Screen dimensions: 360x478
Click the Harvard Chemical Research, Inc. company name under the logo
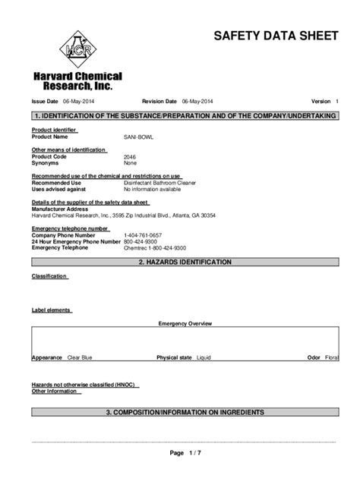coord(76,82)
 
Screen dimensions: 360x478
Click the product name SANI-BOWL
coord(139,137)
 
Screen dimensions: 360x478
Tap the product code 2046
coord(131,156)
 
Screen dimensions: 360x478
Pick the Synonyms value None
coord(131,162)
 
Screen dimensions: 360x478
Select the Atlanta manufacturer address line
coord(123,215)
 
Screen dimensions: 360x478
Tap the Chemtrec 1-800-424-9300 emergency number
coord(155,248)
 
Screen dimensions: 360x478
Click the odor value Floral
coord(331,357)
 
